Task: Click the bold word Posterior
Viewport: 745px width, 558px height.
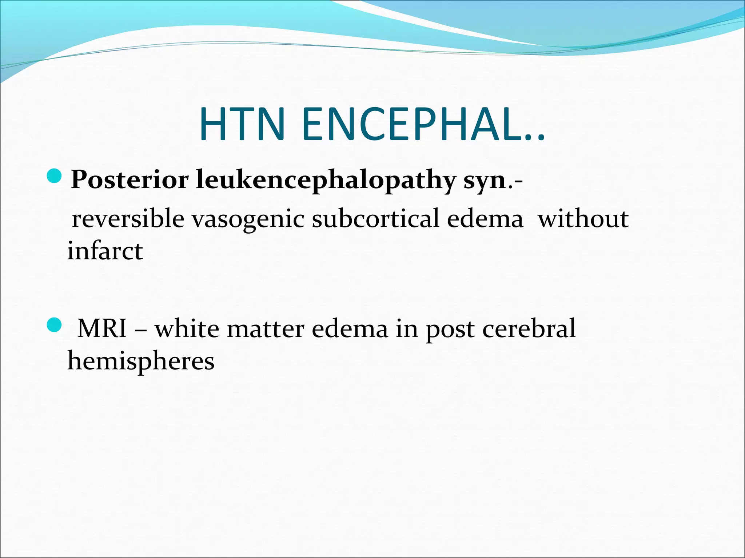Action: (x=130, y=179)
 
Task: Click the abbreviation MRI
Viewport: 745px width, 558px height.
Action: (x=102, y=328)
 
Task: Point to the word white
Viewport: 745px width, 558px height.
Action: (x=187, y=328)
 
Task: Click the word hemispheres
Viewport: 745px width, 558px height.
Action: (x=141, y=361)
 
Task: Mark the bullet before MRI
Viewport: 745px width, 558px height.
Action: (x=55, y=324)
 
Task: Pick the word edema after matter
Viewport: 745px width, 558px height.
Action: (x=350, y=328)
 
